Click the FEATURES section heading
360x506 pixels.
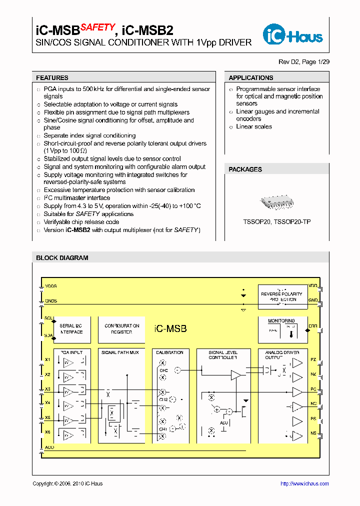tap(52, 78)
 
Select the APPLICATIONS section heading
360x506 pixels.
tap(250, 78)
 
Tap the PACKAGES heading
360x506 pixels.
tap(245, 169)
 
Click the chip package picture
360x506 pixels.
tap(276, 201)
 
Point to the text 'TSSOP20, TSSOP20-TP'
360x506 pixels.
tap(277, 221)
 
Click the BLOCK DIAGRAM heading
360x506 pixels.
tap(62, 258)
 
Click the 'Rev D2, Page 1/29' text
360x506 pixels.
tap(303, 62)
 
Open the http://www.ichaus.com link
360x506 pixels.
tap(304, 483)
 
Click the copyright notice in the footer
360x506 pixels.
tap(67, 483)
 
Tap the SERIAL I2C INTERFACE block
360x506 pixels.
tap(71, 329)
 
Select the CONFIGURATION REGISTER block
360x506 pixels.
tap(121, 329)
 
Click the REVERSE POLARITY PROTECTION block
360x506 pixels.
tap(281, 296)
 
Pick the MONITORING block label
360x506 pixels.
tap(281, 321)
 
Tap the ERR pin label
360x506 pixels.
tap(313, 326)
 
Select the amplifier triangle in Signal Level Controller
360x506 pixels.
tap(235, 374)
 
